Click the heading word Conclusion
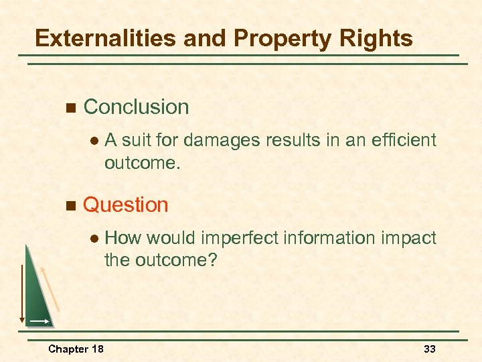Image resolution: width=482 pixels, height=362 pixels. (x=136, y=107)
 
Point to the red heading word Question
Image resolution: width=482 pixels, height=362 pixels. (x=125, y=204)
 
